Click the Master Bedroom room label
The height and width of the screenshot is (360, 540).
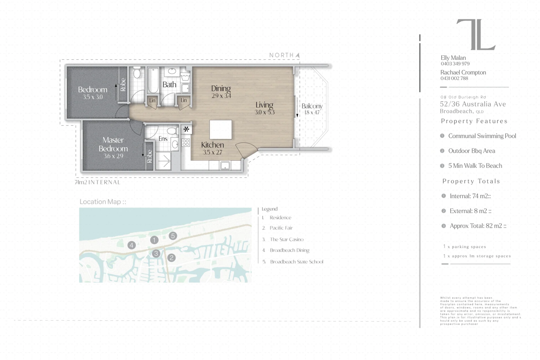pyautogui.click(x=113, y=144)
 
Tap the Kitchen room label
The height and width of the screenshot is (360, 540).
pyautogui.click(x=212, y=145)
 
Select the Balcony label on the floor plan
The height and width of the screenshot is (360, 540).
pyautogui.click(x=312, y=106)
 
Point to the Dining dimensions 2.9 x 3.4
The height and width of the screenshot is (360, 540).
pyautogui.click(x=221, y=96)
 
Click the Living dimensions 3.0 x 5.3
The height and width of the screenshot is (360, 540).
pyautogui.click(x=265, y=112)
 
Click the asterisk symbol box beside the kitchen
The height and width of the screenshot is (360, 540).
pyautogui.click(x=186, y=129)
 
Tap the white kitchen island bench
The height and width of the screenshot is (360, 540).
pyautogui.click(x=221, y=129)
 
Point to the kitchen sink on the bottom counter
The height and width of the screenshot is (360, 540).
pyautogui.click(x=225, y=166)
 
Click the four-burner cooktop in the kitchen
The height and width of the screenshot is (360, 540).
pyautogui.click(x=185, y=143)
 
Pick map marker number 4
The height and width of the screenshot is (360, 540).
pyautogui.click(x=131, y=245)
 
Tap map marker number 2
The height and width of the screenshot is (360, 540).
pyautogui.click(x=171, y=258)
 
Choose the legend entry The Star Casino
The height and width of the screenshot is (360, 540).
pyautogui.click(x=286, y=239)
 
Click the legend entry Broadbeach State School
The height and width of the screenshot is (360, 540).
pyautogui.click(x=297, y=262)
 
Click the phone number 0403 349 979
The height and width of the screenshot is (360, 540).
pyautogui.click(x=455, y=64)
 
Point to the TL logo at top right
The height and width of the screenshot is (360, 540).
pyautogui.click(x=476, y=35)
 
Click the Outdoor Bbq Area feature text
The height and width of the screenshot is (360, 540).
pyautogui.click(x=472, y=151)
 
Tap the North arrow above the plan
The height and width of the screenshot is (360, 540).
pyautogui.click(x=297, y=55)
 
